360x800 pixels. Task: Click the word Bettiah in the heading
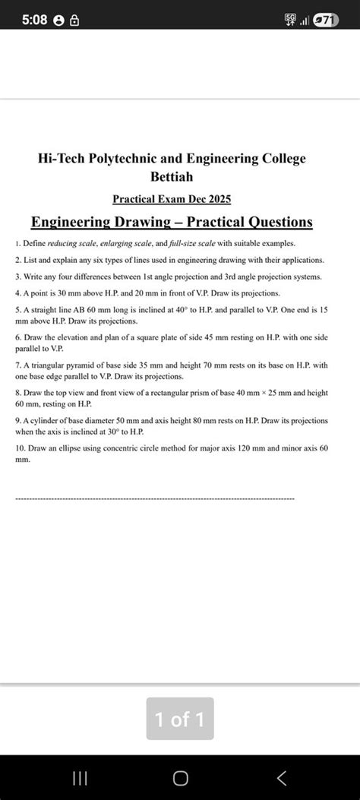172,176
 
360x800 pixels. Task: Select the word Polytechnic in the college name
122,159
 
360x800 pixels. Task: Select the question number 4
17,292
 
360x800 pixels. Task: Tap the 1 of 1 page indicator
180,719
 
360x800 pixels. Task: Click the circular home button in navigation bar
180,777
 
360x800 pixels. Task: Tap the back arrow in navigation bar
282,777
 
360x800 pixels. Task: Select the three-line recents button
79,777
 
